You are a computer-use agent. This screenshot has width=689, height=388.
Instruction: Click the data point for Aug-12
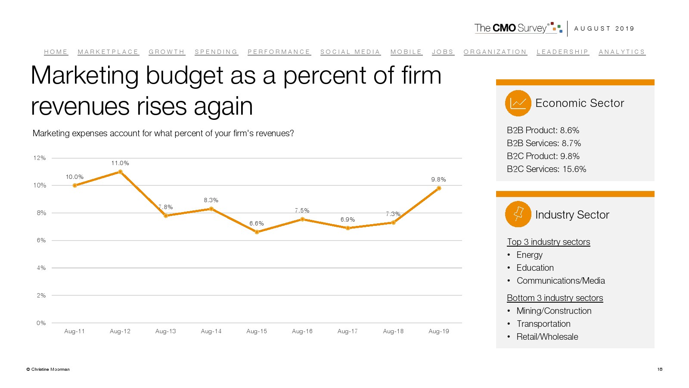tap(120, 172)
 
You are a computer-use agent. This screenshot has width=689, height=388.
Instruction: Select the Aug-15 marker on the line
tap(257, 232)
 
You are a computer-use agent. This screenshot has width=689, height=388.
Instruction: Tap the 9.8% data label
tap(438, 179)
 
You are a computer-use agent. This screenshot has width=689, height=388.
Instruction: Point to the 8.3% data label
tap(211, 200)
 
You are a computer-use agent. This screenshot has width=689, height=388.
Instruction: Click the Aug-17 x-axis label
tap(348, 331)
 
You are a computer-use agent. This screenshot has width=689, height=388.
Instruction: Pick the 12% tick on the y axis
tap(40, 158)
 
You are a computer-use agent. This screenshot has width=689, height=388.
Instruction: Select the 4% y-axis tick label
tap(41, 268)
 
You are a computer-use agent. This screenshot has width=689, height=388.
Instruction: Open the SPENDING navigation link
tap(216, 52)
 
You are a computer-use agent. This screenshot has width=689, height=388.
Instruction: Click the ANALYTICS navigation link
tap(622, 52)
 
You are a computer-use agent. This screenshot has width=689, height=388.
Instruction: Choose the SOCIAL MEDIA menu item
tap(350, 52)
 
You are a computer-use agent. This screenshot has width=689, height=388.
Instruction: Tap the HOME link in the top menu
tap(56, 52)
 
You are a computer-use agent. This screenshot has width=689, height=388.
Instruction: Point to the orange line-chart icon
tap(518, 103)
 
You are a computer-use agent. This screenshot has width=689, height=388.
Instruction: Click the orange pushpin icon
tap(518, 214)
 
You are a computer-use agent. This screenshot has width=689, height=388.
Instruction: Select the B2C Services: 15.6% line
tap(546, 169)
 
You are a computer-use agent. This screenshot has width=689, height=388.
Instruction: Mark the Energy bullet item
tap(529, 255)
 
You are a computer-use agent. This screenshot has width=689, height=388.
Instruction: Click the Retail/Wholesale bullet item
tap(547, 337)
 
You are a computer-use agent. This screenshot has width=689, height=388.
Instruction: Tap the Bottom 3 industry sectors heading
tap(555, 298)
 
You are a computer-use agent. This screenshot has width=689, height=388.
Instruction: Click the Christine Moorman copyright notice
tap(48, 369)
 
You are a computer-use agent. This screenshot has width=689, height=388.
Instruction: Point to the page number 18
tap(660, 369)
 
